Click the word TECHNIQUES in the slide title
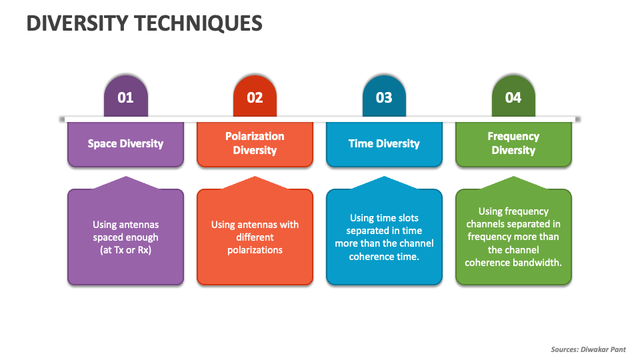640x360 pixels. tap(197, 23)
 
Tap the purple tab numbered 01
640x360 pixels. tap(125, 97)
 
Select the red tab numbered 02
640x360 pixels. tap(255, 97)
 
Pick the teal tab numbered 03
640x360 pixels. tap(384, 97)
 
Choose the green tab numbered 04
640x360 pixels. tap(513, 97)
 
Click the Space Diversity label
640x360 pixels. tap(125, 143)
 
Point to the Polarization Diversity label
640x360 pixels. tap(255, 143)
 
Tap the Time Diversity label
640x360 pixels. tap(384, 143)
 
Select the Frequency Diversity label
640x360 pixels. tap(513, 143)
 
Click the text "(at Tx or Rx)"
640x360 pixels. tap(125, 250)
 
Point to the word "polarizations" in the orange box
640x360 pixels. tap(255, 250)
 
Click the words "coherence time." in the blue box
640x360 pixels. tap(384, 256)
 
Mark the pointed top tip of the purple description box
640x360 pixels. tap(125, 177)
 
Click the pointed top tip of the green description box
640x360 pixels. tap(513, 177)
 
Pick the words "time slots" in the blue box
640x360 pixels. tap(396, 218)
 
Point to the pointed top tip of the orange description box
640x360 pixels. tap(255, 177)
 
